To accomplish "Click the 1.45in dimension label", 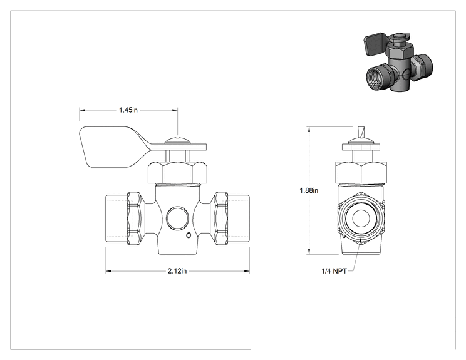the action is click(128, 110).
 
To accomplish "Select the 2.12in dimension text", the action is click(177, 271).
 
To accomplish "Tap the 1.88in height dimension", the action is click(309, 190).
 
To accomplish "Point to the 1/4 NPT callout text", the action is click(334, 271).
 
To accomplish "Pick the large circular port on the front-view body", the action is click(177, 219).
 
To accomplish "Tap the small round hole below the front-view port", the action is click(188, 235).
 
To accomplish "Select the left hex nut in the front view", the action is click(134, 219).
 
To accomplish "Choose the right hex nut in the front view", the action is click(221, 219).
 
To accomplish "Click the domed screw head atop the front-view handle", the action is click(177, 140).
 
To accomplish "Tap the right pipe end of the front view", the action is click(239, 219).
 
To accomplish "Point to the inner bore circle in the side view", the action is click(361, 219).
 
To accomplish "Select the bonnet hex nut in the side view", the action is click(361, 172).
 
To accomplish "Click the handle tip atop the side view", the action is click(361, 132).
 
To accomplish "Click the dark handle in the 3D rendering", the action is click(375, 44).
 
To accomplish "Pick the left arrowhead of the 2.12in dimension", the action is click(108, 271).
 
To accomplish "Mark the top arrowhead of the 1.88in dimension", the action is click(309, 130).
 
